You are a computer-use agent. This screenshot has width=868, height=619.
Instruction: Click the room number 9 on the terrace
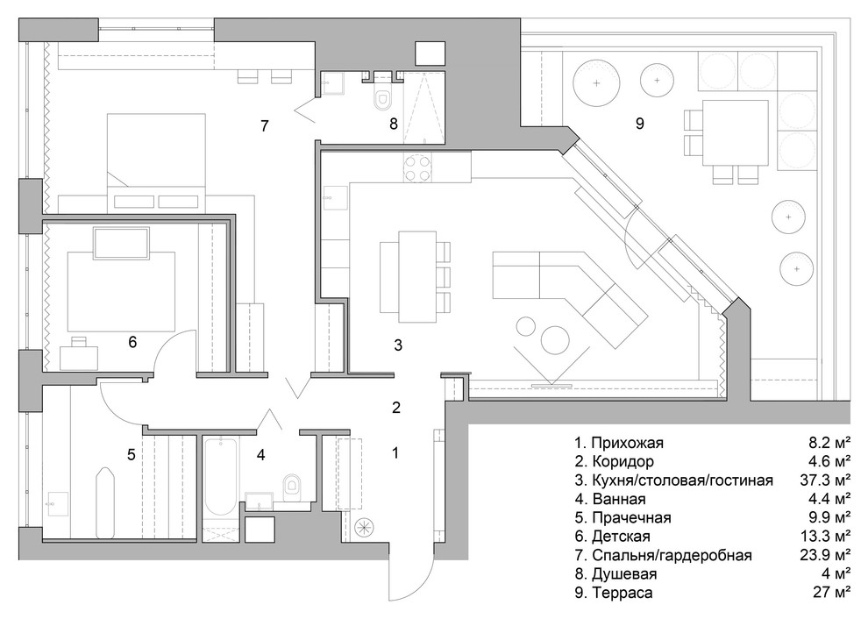coord(639,124)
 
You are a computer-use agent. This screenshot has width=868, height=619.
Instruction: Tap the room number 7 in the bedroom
coord(264,125)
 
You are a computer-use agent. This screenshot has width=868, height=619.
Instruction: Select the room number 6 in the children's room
coord(132,341)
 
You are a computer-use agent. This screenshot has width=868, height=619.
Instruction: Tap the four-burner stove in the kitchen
coord(417,167)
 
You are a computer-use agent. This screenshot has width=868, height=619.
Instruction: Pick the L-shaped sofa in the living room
coord(570,294)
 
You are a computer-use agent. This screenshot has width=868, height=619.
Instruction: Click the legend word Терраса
coord(621,594)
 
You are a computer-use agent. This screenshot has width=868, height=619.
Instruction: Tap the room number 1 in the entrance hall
coord(395,453)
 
